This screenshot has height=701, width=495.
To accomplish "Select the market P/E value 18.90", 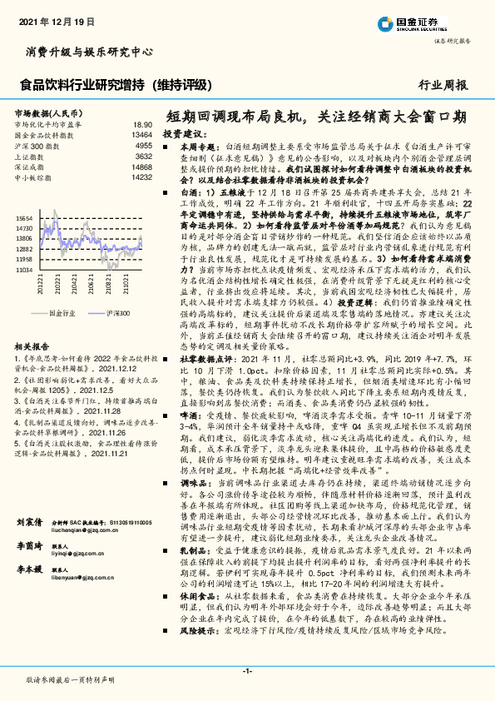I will tap(142, 123).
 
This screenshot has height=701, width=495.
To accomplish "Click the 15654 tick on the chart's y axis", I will tap(23, 216).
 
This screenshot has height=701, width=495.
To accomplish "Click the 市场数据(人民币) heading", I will tap(47, 112).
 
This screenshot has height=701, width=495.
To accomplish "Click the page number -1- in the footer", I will tap(247, 670).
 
